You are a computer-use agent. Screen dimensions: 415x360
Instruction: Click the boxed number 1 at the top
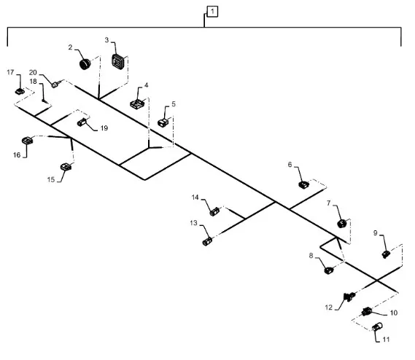[212, 12]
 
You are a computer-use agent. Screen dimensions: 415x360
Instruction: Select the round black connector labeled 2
[85, 64]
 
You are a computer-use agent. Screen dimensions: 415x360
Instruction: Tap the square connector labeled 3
[117, 62]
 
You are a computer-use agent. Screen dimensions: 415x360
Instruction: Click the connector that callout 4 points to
[138, 103]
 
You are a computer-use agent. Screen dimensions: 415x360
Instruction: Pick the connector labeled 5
[163, 122]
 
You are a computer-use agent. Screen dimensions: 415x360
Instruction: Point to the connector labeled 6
[304, 184]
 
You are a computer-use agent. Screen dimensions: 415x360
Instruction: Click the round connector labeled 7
[341, 224]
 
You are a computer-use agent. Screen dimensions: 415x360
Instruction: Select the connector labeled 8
[329, 270]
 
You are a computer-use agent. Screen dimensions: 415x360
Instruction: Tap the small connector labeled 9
[386, 254]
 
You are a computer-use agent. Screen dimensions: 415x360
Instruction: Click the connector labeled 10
[367, 311]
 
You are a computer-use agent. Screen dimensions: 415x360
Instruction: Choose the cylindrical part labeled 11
[378, 327]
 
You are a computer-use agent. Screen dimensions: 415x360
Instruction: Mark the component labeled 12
[349, 297]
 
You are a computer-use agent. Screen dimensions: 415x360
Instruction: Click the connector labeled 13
[207, 241]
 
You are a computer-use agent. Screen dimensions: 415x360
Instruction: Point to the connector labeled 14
[214, 211]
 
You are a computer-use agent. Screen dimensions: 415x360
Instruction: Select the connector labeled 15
[66, 167]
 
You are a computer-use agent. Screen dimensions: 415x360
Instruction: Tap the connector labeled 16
[27, 141]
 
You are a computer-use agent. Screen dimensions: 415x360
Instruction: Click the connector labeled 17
[20, 92]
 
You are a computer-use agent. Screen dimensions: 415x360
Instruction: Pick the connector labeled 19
[82, 122]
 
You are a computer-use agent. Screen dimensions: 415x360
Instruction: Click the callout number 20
[33, 72]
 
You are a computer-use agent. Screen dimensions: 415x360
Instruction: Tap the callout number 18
[33, 82]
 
